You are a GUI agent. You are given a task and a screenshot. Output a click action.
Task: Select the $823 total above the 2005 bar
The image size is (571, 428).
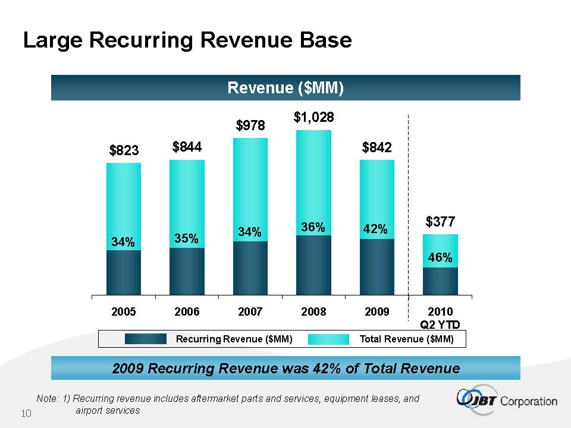pos(124,151)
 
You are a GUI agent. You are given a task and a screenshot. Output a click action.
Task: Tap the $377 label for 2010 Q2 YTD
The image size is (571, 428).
pos(440,222)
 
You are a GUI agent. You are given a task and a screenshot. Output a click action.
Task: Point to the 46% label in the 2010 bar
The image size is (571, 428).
pos(440,257)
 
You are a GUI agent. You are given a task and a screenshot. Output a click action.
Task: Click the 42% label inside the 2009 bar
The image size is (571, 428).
pos(376,229)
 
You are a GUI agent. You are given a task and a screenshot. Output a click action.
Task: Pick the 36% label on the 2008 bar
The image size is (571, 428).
pos(313,227)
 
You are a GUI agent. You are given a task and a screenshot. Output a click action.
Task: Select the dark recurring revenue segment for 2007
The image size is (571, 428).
pos(250,267)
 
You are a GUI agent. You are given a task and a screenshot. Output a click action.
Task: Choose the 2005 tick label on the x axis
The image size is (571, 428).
pos(124,311)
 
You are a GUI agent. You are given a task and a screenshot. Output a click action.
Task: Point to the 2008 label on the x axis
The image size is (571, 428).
pos(313,311)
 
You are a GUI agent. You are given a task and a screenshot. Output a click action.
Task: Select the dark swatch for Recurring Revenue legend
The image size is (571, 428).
pos(146,339)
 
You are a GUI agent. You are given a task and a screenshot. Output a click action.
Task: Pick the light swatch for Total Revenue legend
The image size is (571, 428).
pos(329,339)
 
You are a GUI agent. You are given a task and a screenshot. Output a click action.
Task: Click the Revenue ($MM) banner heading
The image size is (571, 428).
pos(285,88)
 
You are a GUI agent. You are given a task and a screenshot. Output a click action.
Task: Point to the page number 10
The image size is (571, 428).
pos(26,413)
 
